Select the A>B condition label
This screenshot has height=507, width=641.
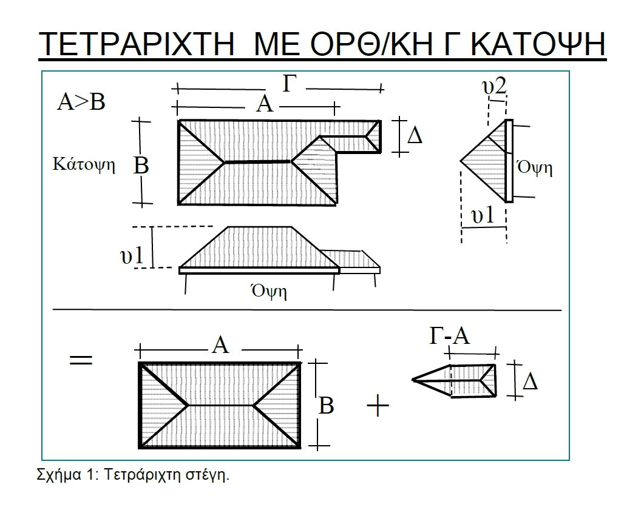tap(81, 102)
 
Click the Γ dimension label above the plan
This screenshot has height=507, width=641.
tap(289, 84)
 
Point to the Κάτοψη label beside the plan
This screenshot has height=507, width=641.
tap(84, 164)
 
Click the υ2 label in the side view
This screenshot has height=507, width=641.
tap(495, 86)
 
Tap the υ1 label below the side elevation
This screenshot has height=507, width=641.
tap(483, 215)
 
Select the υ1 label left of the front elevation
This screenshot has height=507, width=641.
tap(132, 256)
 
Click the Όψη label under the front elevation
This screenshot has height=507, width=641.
tap(268, 291)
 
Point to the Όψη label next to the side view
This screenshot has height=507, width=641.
tap(535, 167)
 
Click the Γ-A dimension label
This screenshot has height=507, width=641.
tap(449, 336)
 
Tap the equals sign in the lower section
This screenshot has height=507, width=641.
tap(81, 360)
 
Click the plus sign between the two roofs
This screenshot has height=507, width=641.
tap(378, 407)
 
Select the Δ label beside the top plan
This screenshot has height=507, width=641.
tap(415, 136)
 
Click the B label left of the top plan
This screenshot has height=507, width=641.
tap(141, 166)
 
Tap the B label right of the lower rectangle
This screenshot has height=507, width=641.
tap(326, 406)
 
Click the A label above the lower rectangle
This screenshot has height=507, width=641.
tap(221, 346)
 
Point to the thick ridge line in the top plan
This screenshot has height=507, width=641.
tap(257, 162)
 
